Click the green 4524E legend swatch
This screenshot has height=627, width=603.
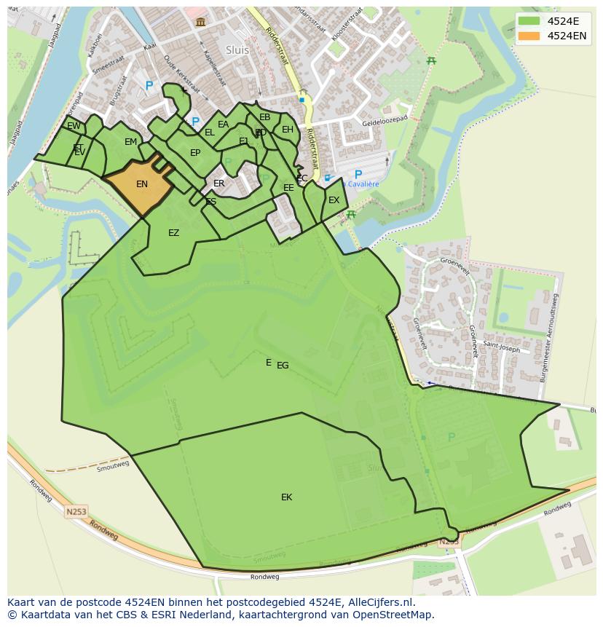pos(529,21)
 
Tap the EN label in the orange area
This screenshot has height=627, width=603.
pos(142,184)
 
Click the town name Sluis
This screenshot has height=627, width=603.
pos(237,50)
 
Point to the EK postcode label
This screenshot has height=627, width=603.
pos(286,497)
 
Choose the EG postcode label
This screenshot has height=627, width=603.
pos(283,366)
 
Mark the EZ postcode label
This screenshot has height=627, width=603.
pos(173,233)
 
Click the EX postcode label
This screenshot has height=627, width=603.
pos(334,200)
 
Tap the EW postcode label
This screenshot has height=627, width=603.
pos(74,126)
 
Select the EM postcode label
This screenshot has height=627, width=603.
pos(130,142)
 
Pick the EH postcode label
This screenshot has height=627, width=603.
pos(288,130)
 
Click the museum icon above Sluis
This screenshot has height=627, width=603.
pos(200,23)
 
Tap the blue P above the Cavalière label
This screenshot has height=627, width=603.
pos(358,175)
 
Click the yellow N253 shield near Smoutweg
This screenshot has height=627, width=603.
pos(76,512)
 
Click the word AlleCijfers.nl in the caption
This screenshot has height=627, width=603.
pos(379,602)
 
